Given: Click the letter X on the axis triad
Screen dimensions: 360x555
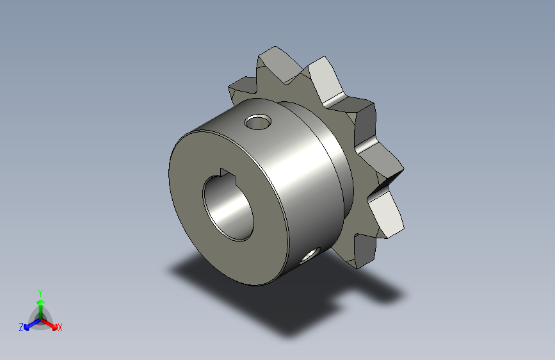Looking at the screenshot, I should point(60,328).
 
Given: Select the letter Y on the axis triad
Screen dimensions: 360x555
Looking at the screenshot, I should point(40,292).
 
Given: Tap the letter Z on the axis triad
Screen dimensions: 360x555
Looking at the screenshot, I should point(21,327).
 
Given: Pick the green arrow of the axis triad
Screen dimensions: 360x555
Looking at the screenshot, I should point(40,304).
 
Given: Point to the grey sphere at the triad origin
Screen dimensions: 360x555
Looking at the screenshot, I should point(40,318).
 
